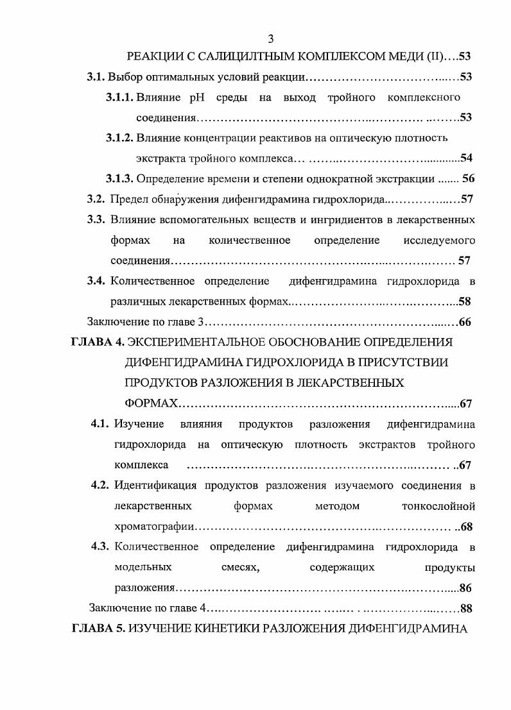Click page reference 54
click(x=467, y=158)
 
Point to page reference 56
click(x=468, y=178)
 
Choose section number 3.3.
click(x=96, y=219)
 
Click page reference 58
click(x=465, y=301)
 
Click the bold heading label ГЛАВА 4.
click(x=97, y=342)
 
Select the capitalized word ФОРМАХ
click(x=151, y=403)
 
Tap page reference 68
click(x=467, y=527)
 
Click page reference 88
click(x=466, y=608)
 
